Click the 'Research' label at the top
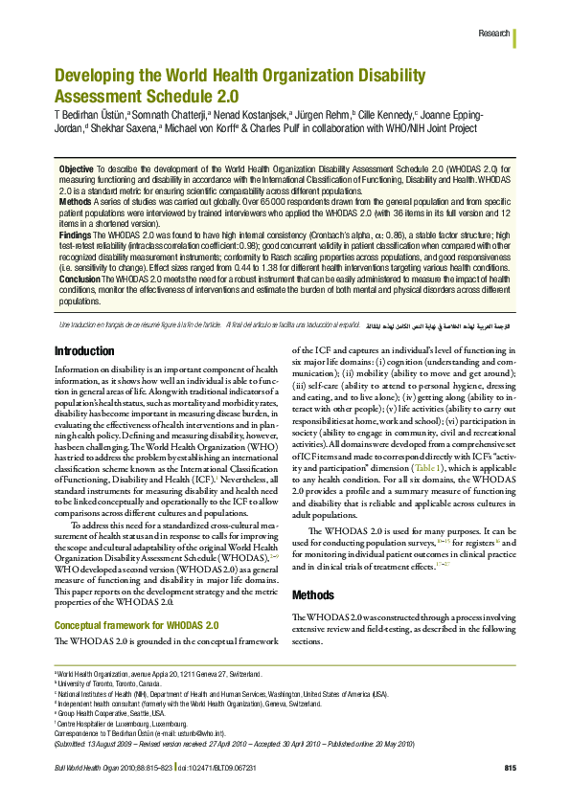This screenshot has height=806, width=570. coord(492,34)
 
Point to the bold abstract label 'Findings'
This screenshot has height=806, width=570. coord(76,235)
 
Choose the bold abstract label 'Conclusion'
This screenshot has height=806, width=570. coord(80,278)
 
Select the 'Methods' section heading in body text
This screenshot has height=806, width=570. coord(314,594)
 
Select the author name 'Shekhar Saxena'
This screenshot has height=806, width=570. coord(122,128)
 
